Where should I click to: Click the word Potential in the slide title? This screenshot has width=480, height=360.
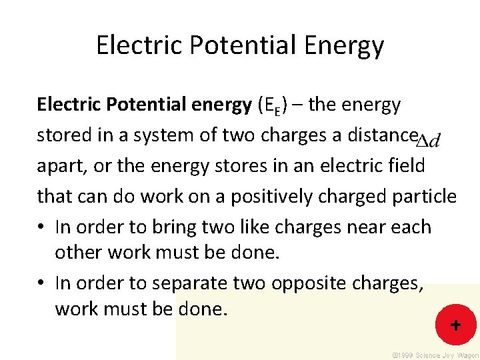(x=235, y=45)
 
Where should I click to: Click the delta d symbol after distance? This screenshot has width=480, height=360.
(x=429, y=139)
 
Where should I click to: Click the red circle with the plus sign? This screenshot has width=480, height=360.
(x=455, y=325)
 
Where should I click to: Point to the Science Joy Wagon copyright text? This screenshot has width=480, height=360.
(x=435, y=355)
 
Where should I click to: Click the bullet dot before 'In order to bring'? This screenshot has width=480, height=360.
(x=42, y=227)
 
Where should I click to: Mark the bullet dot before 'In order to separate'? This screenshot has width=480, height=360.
(x=42, y=284)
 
